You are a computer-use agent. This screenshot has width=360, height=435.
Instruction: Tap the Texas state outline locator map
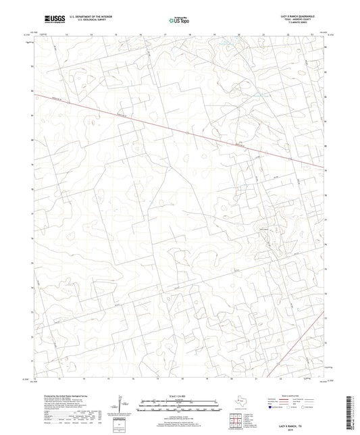238,403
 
